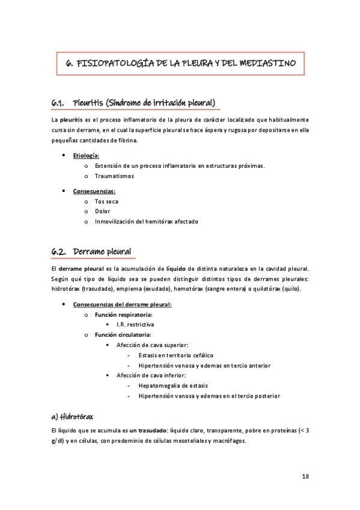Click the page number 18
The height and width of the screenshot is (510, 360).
pyautogui.click(x=305, y=476)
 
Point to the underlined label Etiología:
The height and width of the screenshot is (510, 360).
pyautogui.click(x=86, y=156)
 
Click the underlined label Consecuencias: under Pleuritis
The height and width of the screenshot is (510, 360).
pyautogui.click(x=94, y=191)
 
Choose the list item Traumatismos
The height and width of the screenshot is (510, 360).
pyautogui.click(x=114, y=176)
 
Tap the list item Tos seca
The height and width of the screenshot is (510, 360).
pyautogui.click(x=106, y=201)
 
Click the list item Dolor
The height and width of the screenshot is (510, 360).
pyautogui.click(x=102, y=211)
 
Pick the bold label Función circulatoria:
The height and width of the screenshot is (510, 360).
pyautogui.click(x=123, y=334)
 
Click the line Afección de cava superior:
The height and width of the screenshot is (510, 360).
pyautogui.click(x=152, y=345)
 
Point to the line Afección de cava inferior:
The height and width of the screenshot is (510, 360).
pyautogui.click(x=151, y=375)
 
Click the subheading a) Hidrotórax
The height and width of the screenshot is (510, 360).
pyautogui.click(x=72, y=416)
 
